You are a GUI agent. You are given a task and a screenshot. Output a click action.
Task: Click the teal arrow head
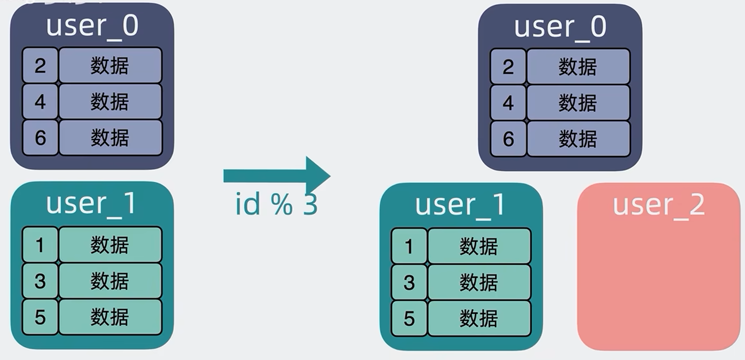[x=318, y=175]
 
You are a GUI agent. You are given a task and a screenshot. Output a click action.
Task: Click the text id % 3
[x=277, y=204]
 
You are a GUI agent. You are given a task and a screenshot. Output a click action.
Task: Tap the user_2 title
[x=658, y=205]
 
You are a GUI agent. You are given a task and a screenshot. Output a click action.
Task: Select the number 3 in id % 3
[x=310, y=204]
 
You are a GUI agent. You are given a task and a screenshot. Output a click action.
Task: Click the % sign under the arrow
[x=281, y=204]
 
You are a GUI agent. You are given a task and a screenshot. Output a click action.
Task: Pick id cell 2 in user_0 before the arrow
[x=40, y=66]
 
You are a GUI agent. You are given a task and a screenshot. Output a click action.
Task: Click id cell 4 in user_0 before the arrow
[x=40, y=102]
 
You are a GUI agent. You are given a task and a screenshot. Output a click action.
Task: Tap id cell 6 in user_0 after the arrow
[x=508, y=139]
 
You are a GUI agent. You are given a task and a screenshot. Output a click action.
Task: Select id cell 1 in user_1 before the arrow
[x=40, y=245]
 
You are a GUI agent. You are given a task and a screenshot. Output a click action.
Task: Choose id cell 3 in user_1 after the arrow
[x=409, y=283]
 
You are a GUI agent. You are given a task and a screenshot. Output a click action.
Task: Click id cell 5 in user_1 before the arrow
[x=40, y=317]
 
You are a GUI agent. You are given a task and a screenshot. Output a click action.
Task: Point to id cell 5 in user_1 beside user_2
[x=409, y=319]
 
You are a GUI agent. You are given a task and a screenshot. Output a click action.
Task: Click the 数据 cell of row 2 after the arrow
[x=578, y=67]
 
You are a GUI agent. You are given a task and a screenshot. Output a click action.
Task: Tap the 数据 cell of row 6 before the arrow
[x=110, y=138]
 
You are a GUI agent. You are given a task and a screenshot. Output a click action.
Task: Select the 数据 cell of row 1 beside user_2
[x=479, y=246]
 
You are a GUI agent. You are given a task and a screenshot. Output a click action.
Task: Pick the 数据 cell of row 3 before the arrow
[x=110, y=281]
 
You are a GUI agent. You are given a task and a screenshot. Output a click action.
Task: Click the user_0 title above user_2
[x=560, y=27]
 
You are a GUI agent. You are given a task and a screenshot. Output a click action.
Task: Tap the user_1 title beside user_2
[x=461, y=205]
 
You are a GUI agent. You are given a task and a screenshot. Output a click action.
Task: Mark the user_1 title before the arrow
[x=91, y=203]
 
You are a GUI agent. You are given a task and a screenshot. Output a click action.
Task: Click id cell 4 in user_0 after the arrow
[x=508, y=103]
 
